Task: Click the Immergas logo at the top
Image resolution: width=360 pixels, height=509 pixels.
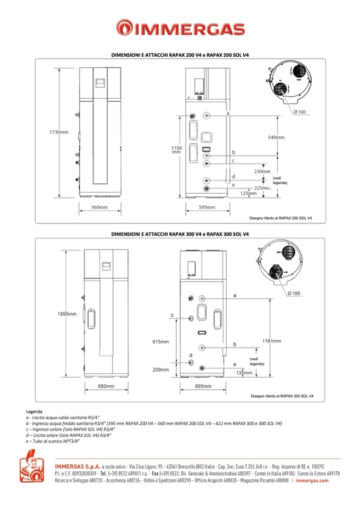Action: pos(181,29)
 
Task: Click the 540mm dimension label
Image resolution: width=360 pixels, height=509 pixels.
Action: pos(276,137)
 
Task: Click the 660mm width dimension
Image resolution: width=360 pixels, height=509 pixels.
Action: pos(106,386)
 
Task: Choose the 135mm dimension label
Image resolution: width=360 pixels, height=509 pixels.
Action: pos(244,373)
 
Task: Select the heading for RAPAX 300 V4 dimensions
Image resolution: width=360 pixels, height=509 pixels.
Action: pos(181,234)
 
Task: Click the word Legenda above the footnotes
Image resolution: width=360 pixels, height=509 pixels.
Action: pos(34,412)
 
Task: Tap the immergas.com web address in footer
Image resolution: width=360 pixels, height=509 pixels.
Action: pos(312,480)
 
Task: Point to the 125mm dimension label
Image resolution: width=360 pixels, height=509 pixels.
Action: pos(248,193)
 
